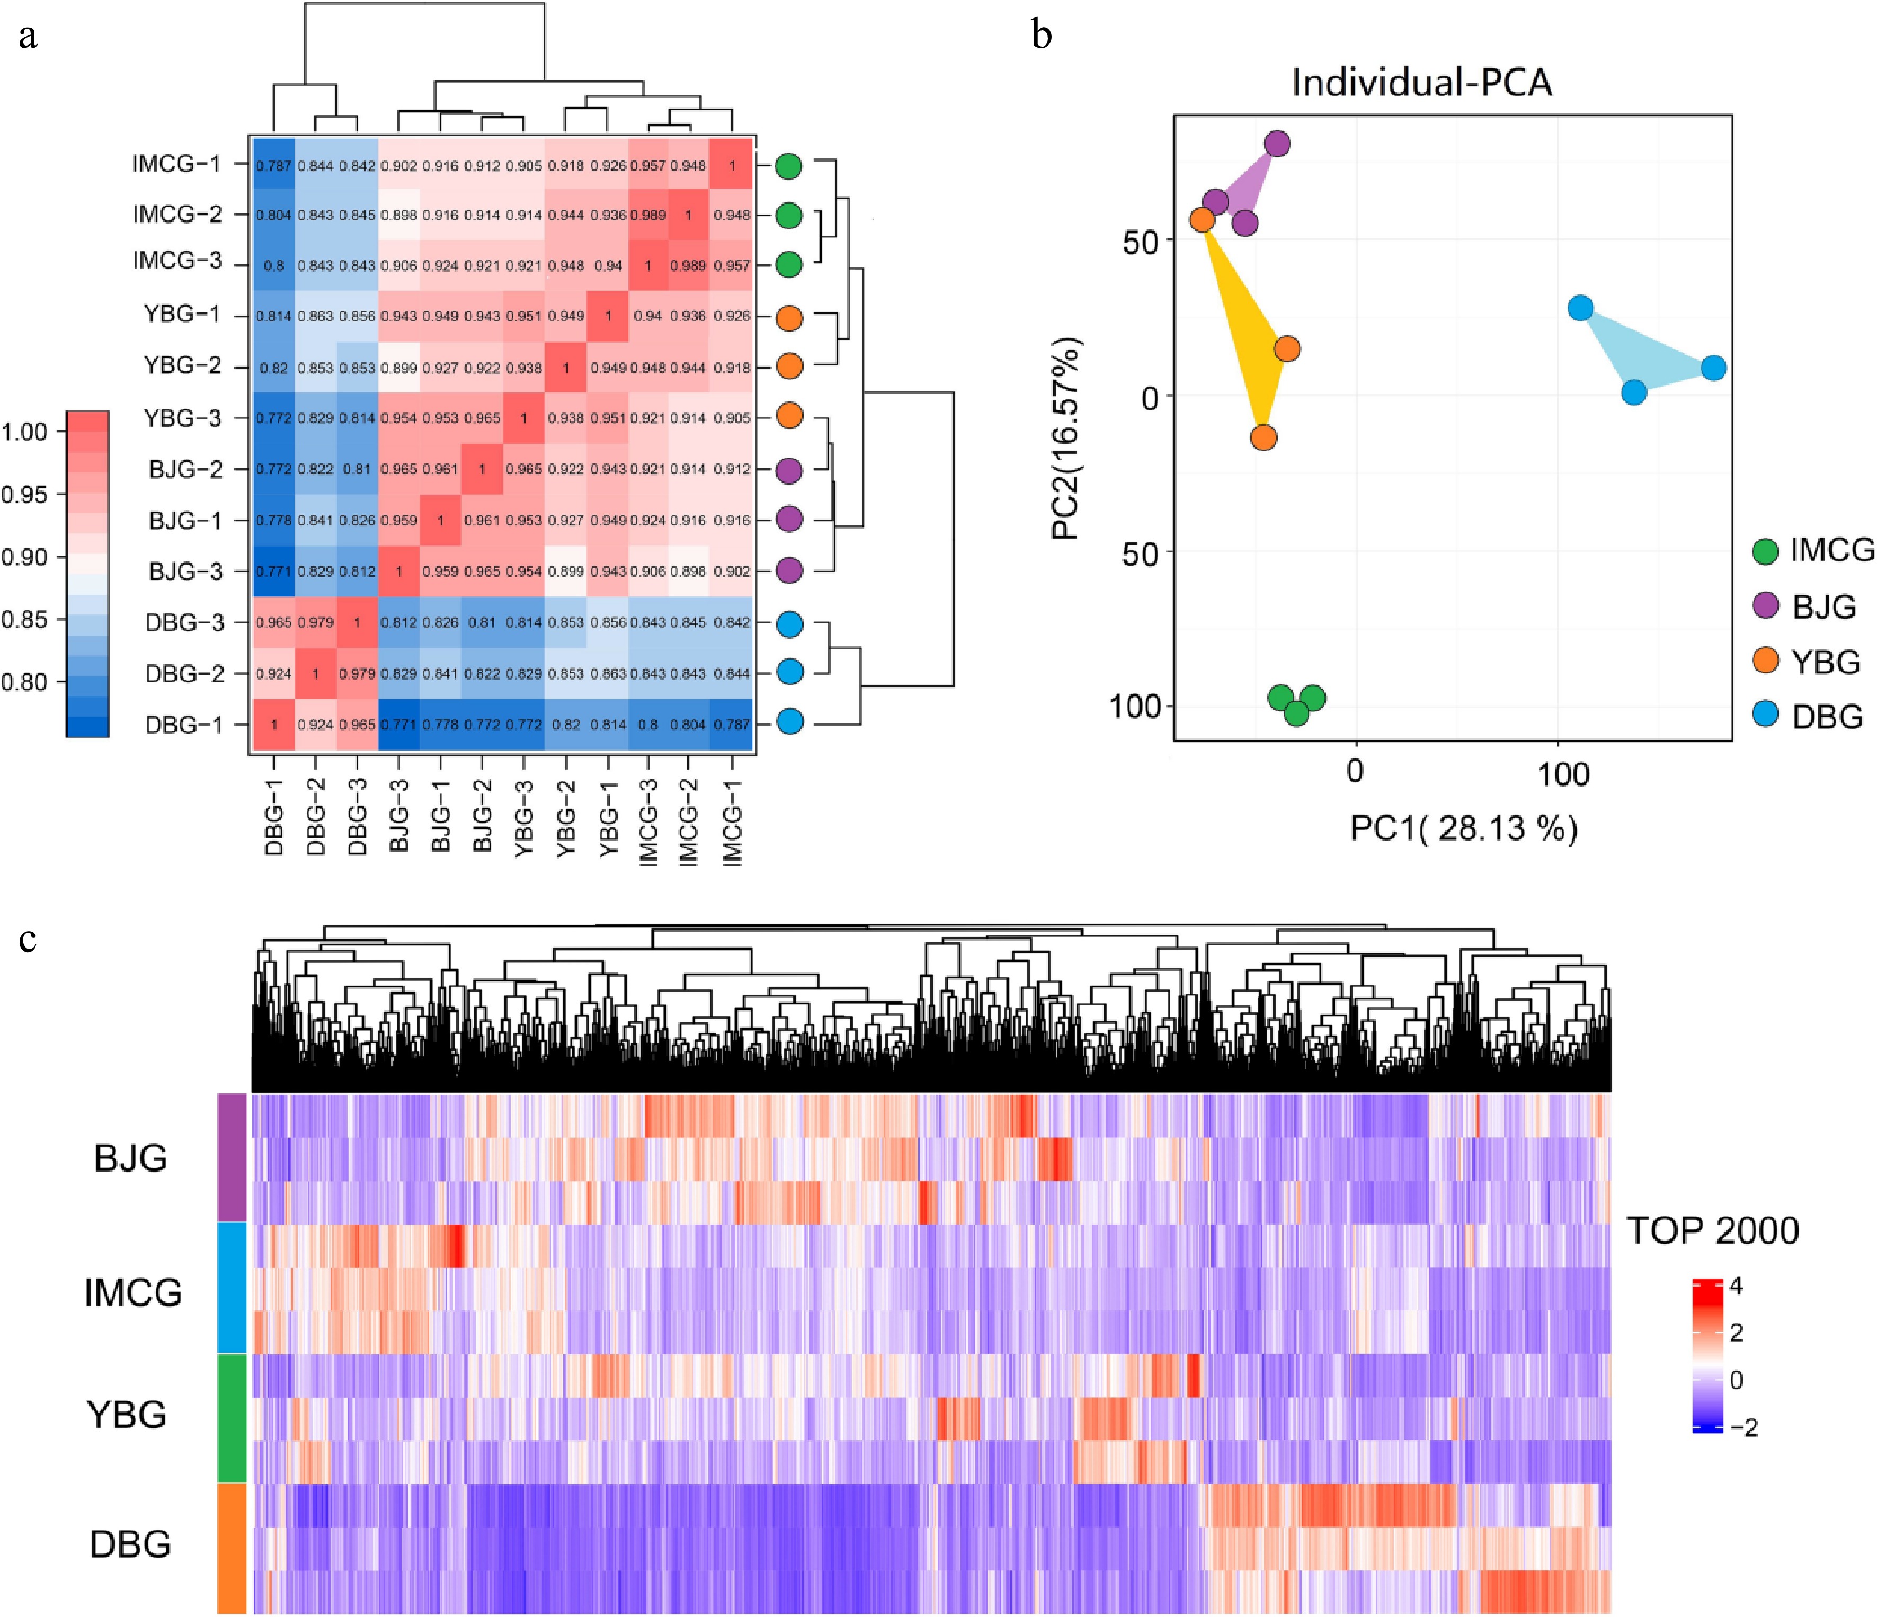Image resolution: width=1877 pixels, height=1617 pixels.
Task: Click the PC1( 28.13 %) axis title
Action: (x=1464, y=828)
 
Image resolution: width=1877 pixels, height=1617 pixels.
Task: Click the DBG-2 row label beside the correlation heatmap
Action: (x=184, y=673)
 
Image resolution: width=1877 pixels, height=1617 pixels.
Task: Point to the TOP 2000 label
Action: (x=1712, y=1231)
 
